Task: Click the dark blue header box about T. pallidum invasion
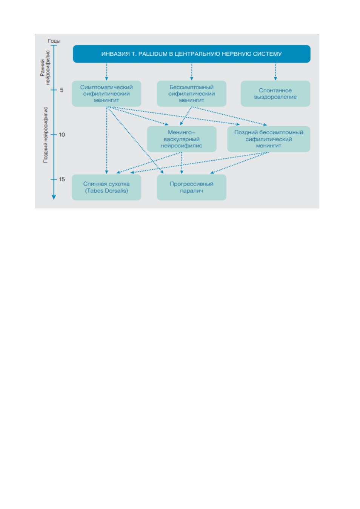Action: coord(191,54)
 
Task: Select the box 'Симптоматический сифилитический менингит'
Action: coord(106,94)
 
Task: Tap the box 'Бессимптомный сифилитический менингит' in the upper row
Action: coord(191,94)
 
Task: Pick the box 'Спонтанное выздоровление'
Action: coord(275,94)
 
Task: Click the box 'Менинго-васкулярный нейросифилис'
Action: coord(182,139)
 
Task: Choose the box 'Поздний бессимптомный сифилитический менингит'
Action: coord(269,139)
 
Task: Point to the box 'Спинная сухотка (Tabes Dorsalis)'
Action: coord(106,187)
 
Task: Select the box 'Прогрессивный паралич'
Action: coord(191,187)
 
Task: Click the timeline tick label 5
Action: coord(62,90)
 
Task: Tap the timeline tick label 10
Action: coord(62,135)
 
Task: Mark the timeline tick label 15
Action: coord(62,179)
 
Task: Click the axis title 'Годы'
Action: coord(54,41)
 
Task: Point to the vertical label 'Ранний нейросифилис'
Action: coord(45,68)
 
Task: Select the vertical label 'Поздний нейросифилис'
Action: coord(46,135)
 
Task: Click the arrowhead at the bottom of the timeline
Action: coord(54,197)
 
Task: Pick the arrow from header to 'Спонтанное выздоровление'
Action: coord(275,72)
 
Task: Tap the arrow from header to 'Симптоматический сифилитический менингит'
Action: coord(106,72)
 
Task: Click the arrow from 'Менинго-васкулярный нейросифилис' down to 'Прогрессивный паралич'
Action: coord(182,163)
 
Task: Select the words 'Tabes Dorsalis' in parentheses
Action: coord(106,191)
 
